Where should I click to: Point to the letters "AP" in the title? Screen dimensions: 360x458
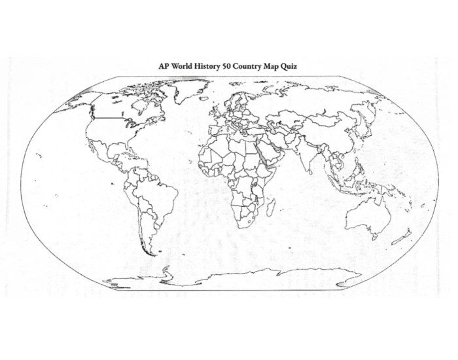[164, 66]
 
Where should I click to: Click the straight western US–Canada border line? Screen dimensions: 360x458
[108, 118]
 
